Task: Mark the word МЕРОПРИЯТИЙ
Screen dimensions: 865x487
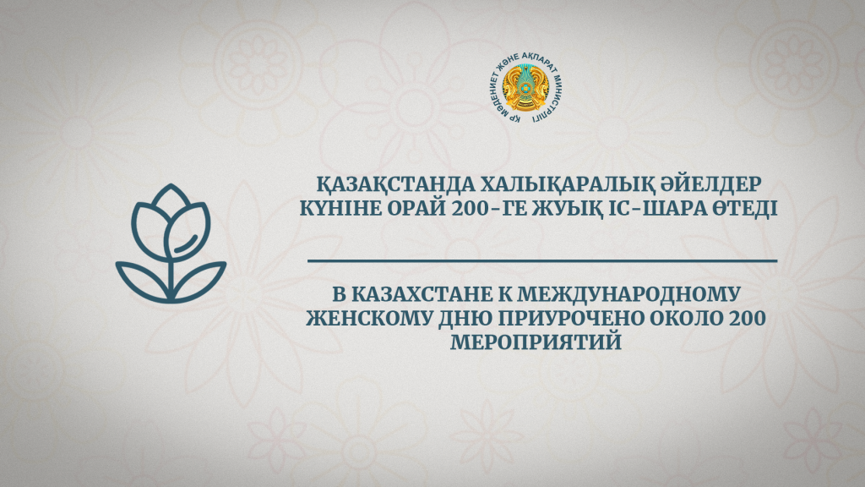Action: click(x=536, y=342)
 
